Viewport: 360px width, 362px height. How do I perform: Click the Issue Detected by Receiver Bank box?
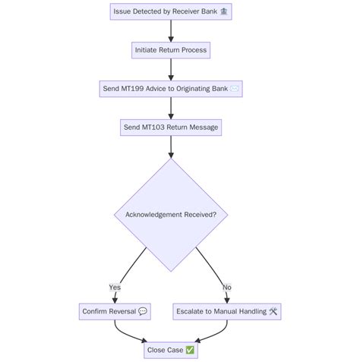170,11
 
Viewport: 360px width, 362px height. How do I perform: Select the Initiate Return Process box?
170,50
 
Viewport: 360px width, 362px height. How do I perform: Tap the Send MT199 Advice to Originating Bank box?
170,89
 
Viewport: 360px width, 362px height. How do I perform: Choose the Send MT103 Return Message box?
170,127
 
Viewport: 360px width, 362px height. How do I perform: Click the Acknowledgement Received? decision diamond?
170,215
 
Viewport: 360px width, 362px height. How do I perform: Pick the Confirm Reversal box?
115,311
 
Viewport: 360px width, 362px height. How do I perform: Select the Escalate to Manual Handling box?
227,311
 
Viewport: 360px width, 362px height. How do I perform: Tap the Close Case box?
170,350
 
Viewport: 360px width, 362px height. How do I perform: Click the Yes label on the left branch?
115,288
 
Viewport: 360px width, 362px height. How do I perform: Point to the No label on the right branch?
226,288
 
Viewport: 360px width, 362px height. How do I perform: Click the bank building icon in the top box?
223,11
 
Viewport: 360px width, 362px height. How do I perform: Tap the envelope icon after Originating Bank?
235,89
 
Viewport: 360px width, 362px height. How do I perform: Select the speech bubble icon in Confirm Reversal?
143,311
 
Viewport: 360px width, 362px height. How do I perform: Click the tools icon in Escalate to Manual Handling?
273,311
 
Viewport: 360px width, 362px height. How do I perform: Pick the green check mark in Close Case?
190,350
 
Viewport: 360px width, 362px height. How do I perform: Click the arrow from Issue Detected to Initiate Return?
170,30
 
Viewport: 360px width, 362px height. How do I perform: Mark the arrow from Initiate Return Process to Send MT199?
170,69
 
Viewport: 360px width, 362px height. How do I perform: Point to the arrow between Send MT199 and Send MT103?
170,108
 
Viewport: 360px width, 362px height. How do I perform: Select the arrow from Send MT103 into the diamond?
170,146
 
